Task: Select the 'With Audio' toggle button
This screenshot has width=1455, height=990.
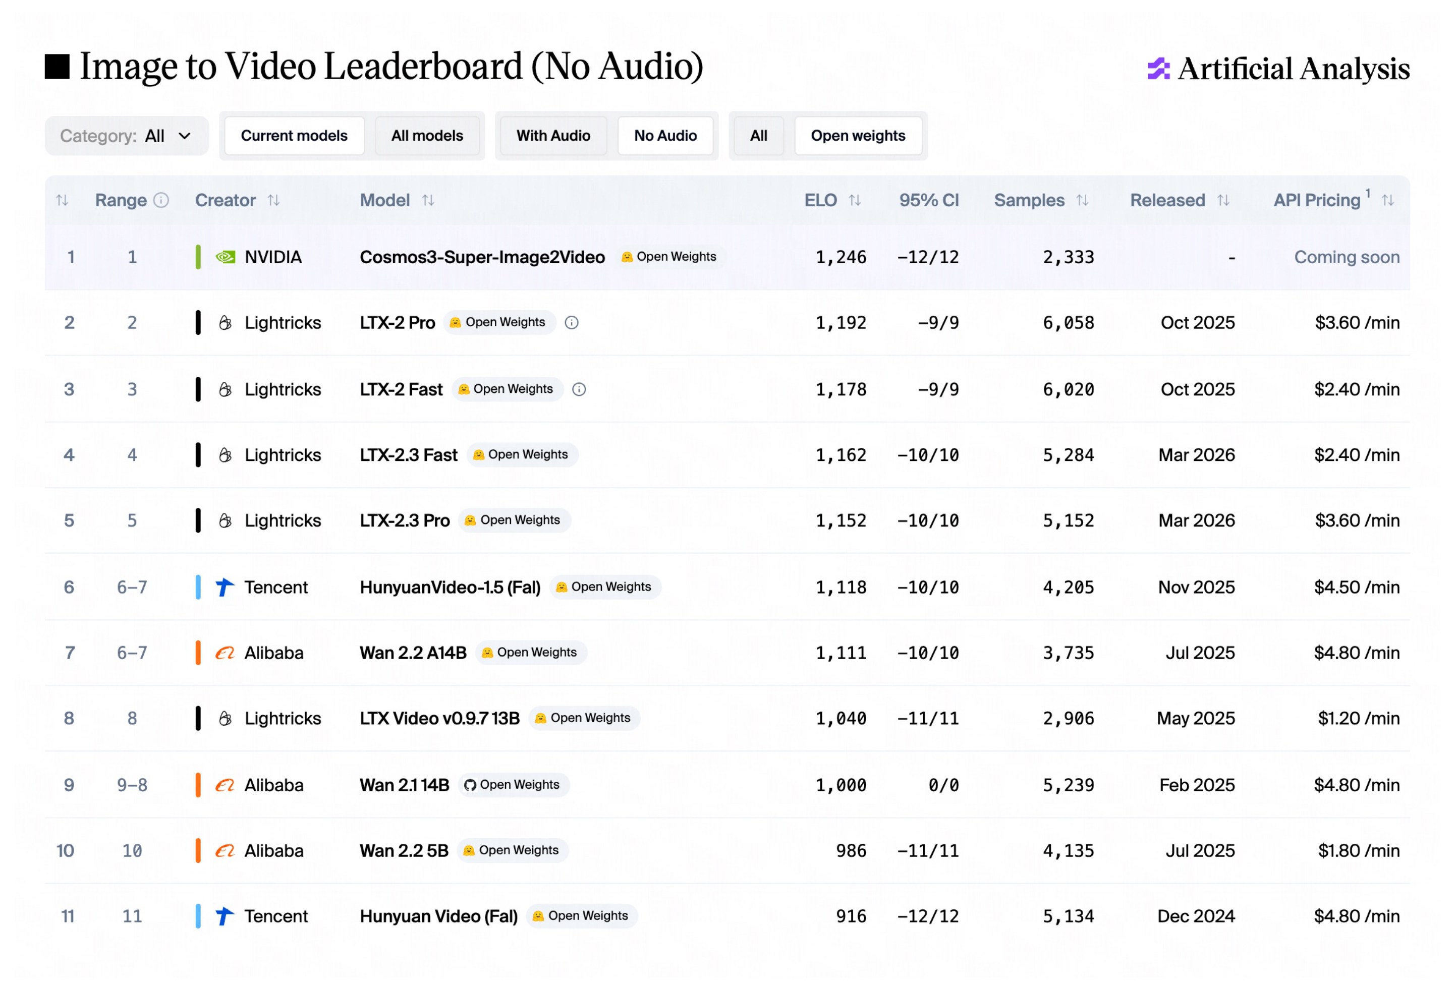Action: click(x=553, y=136)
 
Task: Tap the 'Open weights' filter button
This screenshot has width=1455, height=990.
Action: click(x=858, y=136)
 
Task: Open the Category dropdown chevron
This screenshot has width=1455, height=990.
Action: click(x=185, y=136)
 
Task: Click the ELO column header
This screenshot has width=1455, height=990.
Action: click(x=820, y=200)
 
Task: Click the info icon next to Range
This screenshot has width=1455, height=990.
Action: click(x=161, y=200)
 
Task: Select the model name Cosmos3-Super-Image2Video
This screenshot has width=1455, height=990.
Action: click(x=482, y=257)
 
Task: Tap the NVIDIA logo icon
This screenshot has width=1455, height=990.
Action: click(x=226, y=257)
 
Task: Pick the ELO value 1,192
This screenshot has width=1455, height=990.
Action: click(x=841, y=323)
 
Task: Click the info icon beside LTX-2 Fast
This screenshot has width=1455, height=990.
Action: click(x=579, y=389)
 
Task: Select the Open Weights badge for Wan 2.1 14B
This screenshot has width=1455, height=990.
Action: click(x=514, y=785)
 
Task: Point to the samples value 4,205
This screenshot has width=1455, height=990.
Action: click(x=1068, y=587)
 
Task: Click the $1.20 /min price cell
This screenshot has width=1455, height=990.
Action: click(x=1359, y=718)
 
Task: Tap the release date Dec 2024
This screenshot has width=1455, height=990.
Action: click(x=1196, y=916)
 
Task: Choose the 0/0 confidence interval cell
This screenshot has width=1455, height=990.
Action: click(x=943, y=785)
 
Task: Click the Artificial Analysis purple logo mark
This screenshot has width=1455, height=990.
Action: click(x=1158, y=69)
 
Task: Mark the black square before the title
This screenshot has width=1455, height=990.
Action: click(x=57, y=67)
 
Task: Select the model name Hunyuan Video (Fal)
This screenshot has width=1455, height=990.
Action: click(x=438, y=916)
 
